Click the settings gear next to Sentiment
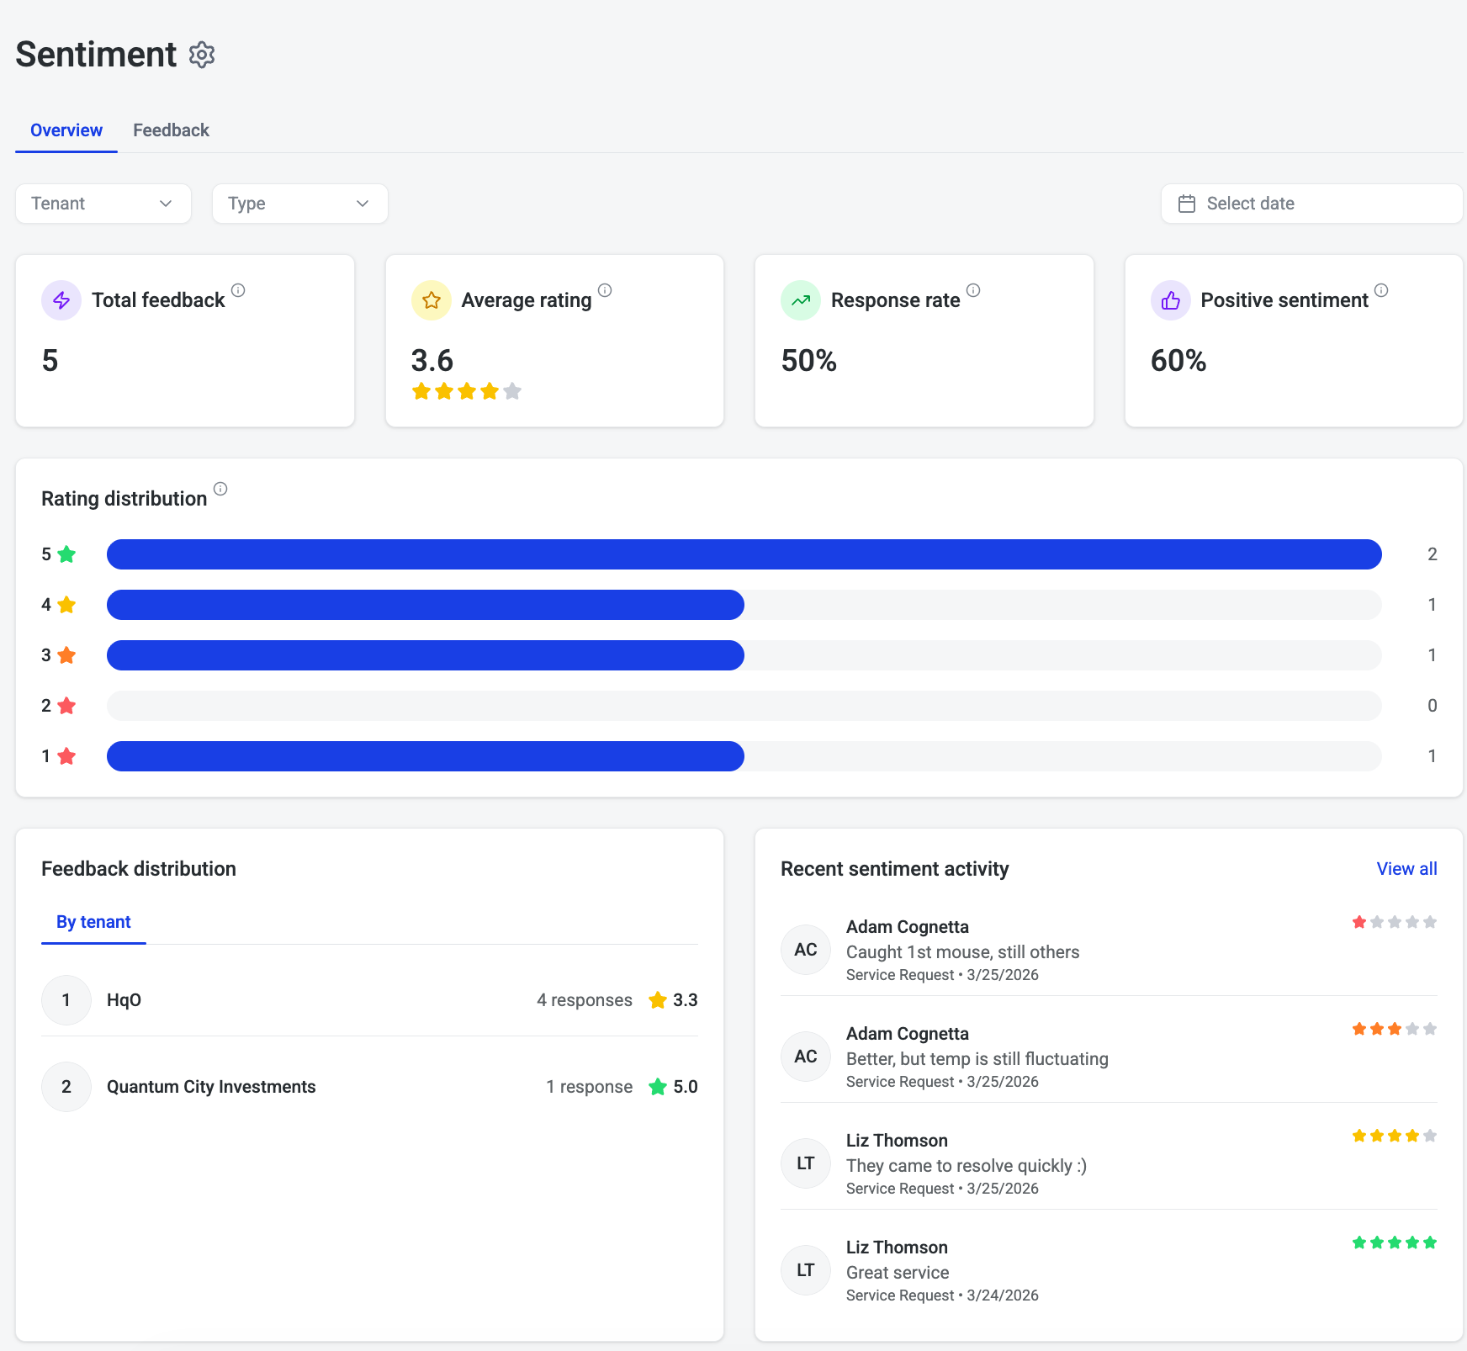[x=202, y=55]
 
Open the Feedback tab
[x=171, y=130]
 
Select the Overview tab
[x=66, y=130]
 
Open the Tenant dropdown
[x=103, y=204]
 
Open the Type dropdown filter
[x=300, y=204]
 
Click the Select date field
[x=1311, y=204]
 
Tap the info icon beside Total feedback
[x=238, y=290]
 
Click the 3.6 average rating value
[x=432, y=361]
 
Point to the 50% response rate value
[x=809, y=361]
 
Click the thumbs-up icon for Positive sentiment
[x=1171, y=300]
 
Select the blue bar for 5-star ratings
[x=744, y=554]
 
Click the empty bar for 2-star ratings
[x=744, y=706]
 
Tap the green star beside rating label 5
[x=66, y=554]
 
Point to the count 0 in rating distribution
[x=1432, y=706]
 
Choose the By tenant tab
[x=93, y=922]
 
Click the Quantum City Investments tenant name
[x=211, y=1087]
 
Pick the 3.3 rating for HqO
[x=686, y=1000]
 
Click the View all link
[x=1406, y=869]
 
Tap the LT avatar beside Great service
[x=806, y=1270]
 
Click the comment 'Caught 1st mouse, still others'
[x=962, y=952]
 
